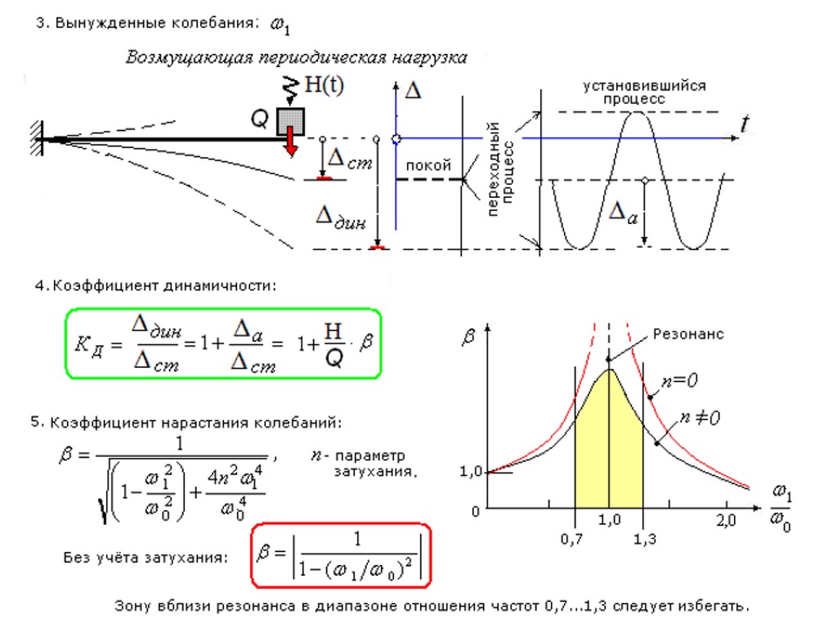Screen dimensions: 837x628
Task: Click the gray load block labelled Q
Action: click(290, 121)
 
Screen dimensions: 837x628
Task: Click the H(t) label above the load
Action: click(323, 86)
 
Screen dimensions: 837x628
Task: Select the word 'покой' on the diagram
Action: click(428, 166)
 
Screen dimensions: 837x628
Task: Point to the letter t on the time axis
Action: click(745, 124)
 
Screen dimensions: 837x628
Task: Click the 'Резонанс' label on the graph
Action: click(688, 334)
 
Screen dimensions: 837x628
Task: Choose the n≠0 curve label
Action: click(699, 418)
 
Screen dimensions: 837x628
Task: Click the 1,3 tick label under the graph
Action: click(646, 540)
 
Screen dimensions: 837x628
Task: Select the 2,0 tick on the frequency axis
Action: click(727, 520)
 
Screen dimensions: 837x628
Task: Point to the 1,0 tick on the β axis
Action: click(472, 472)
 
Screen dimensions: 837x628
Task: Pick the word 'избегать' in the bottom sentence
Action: click(712, 607)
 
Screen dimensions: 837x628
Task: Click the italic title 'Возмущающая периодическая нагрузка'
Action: click(296, 57)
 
